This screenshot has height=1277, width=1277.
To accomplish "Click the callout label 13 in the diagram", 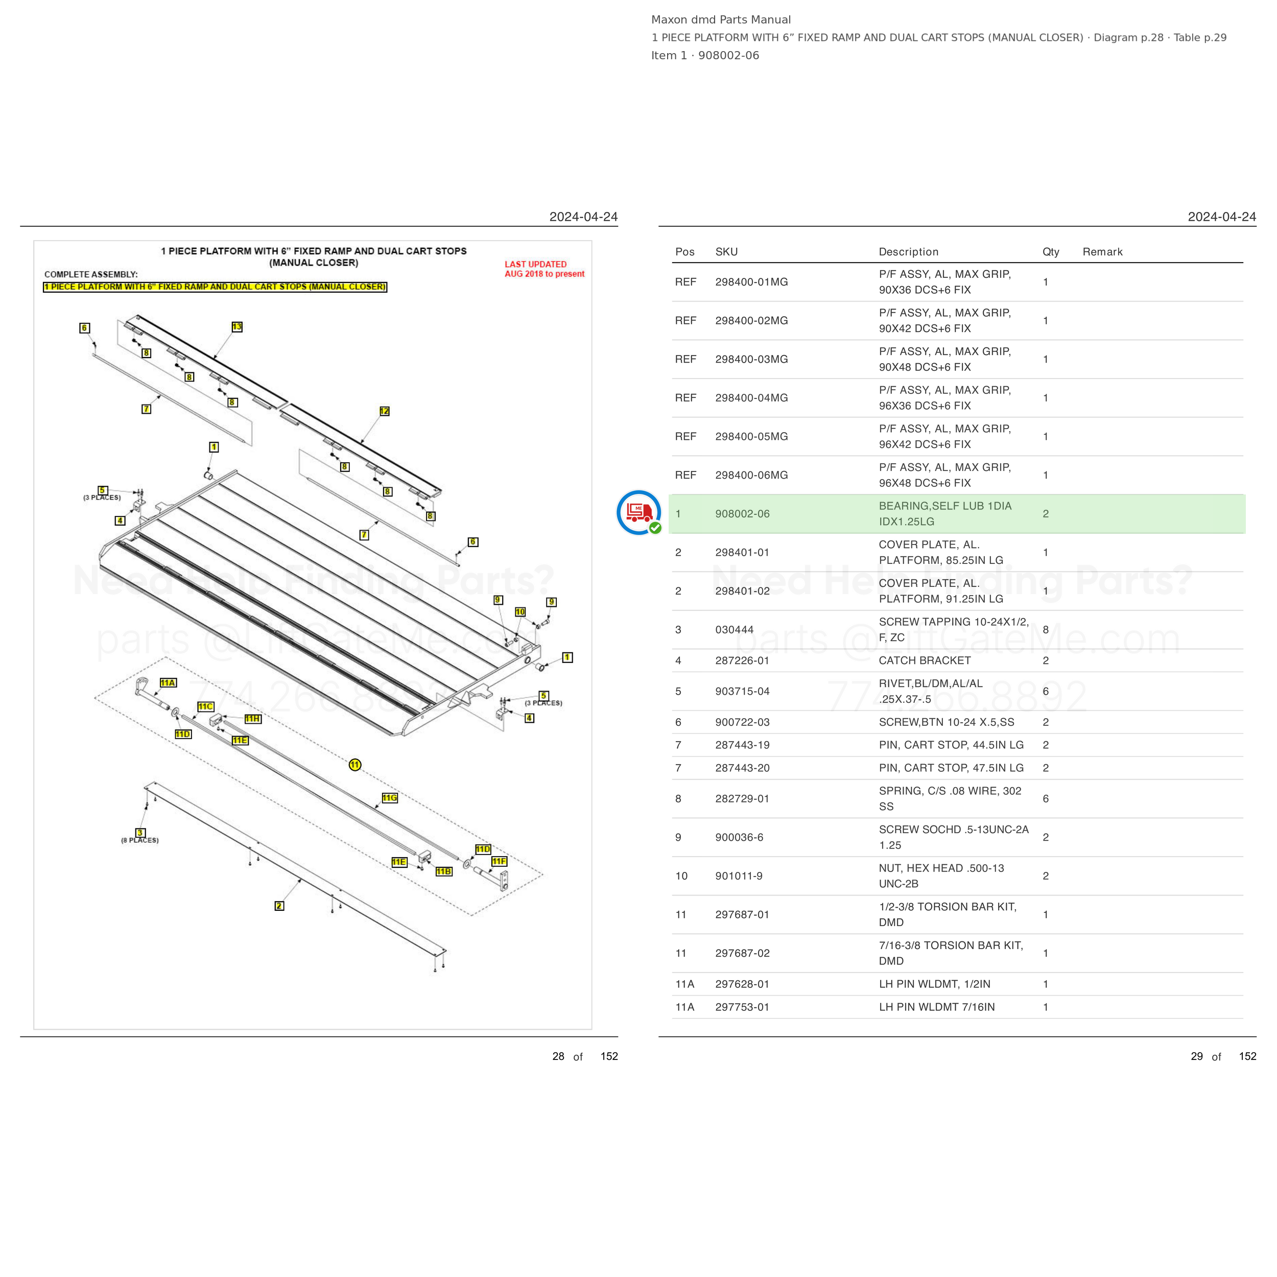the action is (x=237, y=326).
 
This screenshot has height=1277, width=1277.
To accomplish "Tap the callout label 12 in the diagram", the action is (x=384, y=411).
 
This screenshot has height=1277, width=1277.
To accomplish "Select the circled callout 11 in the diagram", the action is (x=355, y=765).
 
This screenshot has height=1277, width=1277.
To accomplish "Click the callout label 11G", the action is (x=389, y=798).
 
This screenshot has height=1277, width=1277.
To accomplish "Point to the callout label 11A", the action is (x=168, y=683).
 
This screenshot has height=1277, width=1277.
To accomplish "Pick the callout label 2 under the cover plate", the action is (x=279, y=906).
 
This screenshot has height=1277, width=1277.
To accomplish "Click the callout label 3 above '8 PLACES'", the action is (x=140, y=833).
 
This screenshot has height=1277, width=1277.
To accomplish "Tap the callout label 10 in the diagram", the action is (x=520, y=612).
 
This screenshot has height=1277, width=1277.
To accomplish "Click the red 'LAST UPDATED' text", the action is (x=535, y=265).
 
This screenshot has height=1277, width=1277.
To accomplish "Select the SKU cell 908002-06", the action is (x=742, y=513).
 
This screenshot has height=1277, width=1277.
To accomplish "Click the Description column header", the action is (x=908, y=252).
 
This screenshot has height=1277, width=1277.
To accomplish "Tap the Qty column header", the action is (x=1051, y=252).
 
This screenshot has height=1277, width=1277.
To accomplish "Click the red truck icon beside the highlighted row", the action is (x=638, y=512).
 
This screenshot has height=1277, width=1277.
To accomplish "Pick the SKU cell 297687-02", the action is (x=742, y=953).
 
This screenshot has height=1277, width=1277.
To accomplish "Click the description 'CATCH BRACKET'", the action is (x=925, y=660).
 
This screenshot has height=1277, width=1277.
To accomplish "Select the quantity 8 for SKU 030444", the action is (x=1046, y=630).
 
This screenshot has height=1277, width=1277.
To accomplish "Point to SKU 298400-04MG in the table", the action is (x=751, y=398).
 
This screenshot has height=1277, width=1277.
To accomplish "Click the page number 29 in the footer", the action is (x=1197, y=1056).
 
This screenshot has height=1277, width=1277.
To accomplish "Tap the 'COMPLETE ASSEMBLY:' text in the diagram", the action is (x=91, y=274).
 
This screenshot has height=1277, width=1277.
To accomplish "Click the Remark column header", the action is (x=1102, y=252).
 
